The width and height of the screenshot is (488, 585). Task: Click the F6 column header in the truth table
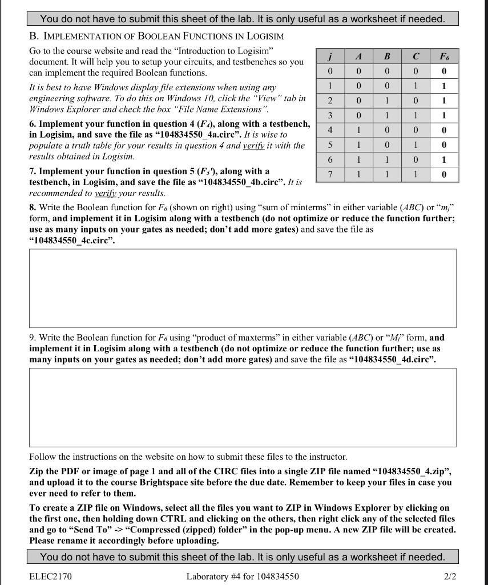tap(443, 57)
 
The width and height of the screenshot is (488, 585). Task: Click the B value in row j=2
tap(387, 101)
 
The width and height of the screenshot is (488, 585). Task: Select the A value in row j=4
tap(358, 130)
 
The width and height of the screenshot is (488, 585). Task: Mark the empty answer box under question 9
tap(243, 407)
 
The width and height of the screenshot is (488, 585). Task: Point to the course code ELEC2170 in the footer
tap(50, 576)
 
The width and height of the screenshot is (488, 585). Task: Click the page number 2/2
tap(450, 576)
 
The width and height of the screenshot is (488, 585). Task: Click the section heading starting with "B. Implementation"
tap(157, 36)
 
